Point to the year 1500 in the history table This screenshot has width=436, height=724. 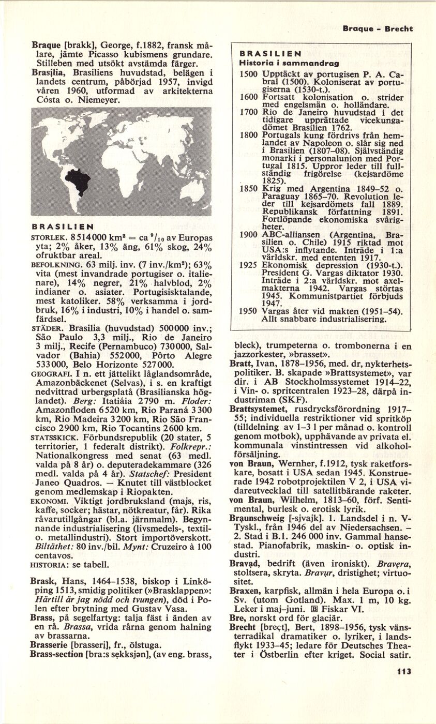[x=249, y=74]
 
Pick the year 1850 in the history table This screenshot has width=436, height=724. [x=249, y=189]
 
